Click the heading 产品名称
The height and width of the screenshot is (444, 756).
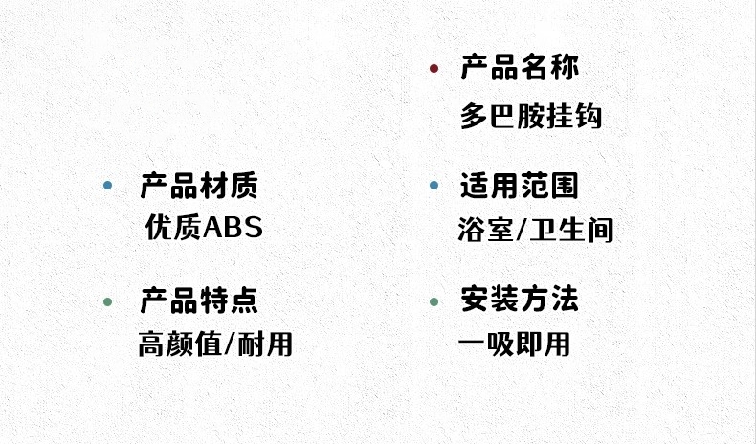pyautogui.click(x=520, y=67)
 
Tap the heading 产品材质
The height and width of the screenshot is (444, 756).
pyautogui.click(x=199, y=185)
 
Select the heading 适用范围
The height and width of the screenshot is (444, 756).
pyautogui.click(x=520, y=185)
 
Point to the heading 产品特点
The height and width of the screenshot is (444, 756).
pyautogui.click(x=199, y=300)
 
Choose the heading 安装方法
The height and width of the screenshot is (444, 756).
pyautogui.click(x=520, y=299)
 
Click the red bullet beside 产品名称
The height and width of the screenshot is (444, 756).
pyautogui.click(x=434, y=69)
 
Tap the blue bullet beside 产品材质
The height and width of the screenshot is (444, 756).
pyautogui.click(x=107, y=185)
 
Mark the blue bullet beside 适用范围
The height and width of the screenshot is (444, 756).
pyautogui.click(x=434, y=185)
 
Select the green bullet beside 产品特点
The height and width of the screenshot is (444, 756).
pyautogui.click(x=107, y=301)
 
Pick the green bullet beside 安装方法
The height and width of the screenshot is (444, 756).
pyautogui.click(x=434, y=301)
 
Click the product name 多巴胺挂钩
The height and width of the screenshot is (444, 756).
pyautogui.click(x=531, y=116)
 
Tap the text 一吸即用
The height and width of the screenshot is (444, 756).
pyautogui.click(x=515, y=344)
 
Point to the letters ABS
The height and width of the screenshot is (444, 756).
pyautogui.click(x=233, y=228)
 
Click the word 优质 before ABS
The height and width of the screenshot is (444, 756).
pyautogui.click(x=173, y=228)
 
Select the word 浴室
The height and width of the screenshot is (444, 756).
pyautogui.click(x=485, y=230)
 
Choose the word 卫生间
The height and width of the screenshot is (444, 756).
pyautogui.click(x=571, y=230)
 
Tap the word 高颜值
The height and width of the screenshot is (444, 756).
pyautogui.click(x=180, y=344)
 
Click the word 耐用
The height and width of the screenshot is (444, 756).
pyautogui.click(x=265, y=344)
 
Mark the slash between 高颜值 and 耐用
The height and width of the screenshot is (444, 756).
pyautogui.click(x=230, y=345)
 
